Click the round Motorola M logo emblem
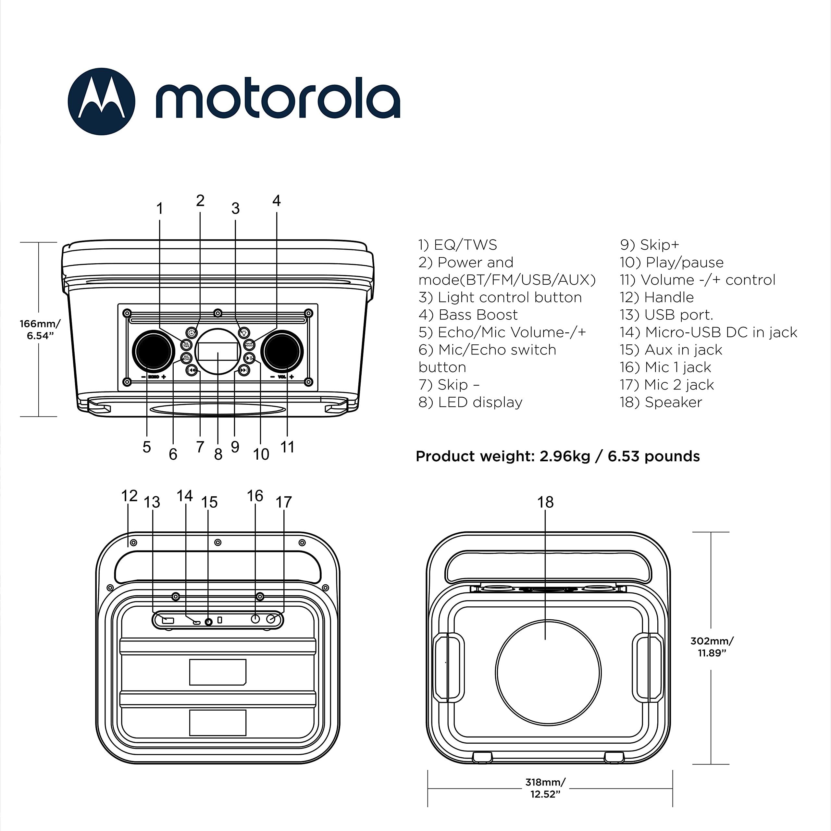[102, 102]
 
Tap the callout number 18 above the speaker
[545, 502]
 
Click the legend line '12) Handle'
[656, 297]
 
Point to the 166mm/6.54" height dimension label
[40, 329]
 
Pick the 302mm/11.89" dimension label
[712, 647]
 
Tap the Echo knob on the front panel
[153, 351]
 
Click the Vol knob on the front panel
[282, 351]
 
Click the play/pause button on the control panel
[249, 358]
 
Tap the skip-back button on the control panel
[192, 370]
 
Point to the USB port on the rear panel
[168, 620]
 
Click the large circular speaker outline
[548, 672]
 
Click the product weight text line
[557, 456]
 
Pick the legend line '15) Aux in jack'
[671, 350]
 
